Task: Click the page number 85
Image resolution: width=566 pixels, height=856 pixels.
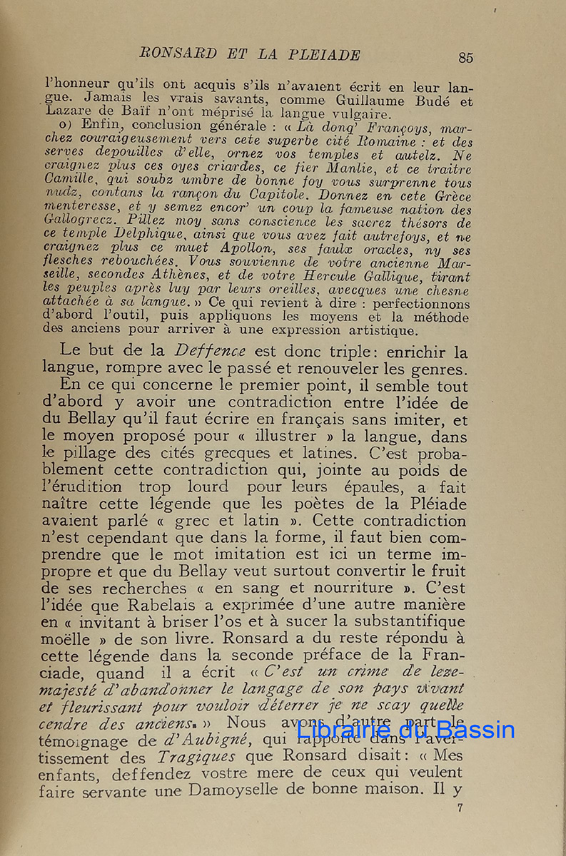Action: pos(466,58)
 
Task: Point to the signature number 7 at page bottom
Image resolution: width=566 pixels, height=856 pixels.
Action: pos(460,809)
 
